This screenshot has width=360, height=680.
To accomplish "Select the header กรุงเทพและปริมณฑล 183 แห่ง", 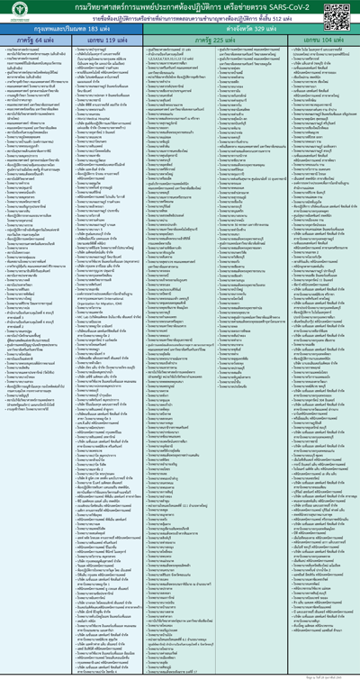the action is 75,29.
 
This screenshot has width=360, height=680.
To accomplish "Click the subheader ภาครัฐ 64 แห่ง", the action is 38,41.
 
